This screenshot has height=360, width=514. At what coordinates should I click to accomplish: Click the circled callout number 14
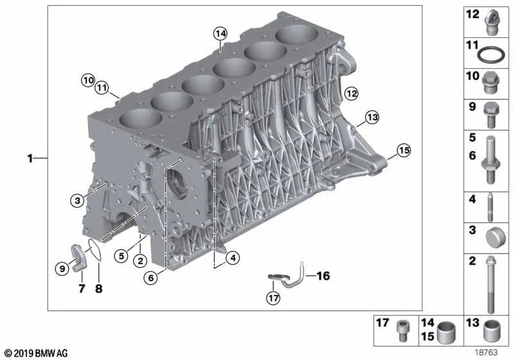[x=220, y=33]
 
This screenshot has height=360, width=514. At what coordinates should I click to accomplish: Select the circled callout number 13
[x=372, y=117]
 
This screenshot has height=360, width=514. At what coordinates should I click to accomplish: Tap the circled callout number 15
[x=403, y=150]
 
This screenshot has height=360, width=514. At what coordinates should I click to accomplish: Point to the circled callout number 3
[x=77, y=200]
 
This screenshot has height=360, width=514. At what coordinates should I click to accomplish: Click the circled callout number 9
[x=62, y=269]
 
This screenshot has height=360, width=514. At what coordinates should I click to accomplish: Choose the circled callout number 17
[x=274, y=298]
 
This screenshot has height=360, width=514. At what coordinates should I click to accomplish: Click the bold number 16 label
[x=323, y=276]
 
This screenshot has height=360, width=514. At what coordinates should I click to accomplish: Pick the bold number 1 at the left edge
[x=30, y=159]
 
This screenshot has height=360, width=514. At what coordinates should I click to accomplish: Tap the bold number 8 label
[x=99, y=289]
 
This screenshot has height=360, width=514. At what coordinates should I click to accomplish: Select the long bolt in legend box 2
[x=490, y=285]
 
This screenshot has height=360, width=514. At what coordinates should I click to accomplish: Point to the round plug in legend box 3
[x=495, y=238]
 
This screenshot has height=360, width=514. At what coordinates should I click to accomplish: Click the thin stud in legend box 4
[x=490, y=207]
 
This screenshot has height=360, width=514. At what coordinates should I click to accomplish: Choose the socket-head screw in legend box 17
[x=402, y=330]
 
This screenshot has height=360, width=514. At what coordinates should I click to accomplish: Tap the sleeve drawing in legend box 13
[x=492, y=330]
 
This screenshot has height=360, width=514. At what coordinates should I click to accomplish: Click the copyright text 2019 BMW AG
[x=36, y=353]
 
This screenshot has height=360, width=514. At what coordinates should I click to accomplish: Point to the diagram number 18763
[x=486, y=352]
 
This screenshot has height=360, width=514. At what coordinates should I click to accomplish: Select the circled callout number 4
[x=233, y=258]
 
